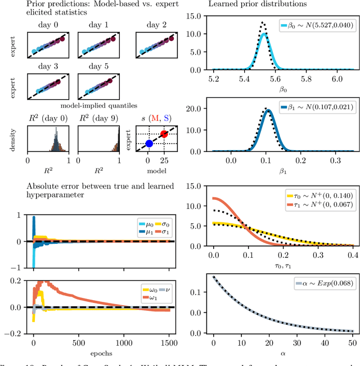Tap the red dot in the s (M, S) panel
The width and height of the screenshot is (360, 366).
click(x=164, y=134)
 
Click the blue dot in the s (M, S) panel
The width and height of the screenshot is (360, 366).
click(x=149, y=144)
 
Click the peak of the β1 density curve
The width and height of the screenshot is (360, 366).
click(x=268, y=110)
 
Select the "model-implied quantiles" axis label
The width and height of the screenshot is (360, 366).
click(x=93, y=105)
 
